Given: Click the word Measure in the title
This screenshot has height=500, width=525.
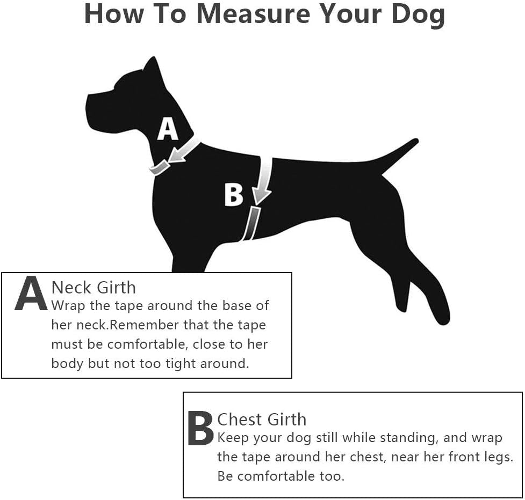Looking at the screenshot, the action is click(x=254, y=14).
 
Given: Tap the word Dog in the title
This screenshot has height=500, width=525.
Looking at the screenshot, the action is click(x=418, y=16).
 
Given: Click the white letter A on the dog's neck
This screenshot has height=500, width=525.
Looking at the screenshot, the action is click(x=168, y=129).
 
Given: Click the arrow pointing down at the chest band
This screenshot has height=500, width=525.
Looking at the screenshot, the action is click(x=263, y=180).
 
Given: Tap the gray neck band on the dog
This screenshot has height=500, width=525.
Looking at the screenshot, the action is click(x=160, y=167).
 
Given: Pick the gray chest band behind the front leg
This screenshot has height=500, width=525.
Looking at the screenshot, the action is click(x=251, y=223).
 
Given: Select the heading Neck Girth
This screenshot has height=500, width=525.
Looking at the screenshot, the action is click(x=94, y=288).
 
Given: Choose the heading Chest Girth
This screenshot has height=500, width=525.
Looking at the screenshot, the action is click(x=262, y=420).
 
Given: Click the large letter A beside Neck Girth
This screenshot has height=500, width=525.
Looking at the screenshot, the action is click(x=31, y=293).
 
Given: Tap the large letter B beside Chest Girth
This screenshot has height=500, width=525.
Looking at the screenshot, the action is click(x=200, y=428).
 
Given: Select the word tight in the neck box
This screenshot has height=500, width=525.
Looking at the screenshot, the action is click(x=181, y=364).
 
